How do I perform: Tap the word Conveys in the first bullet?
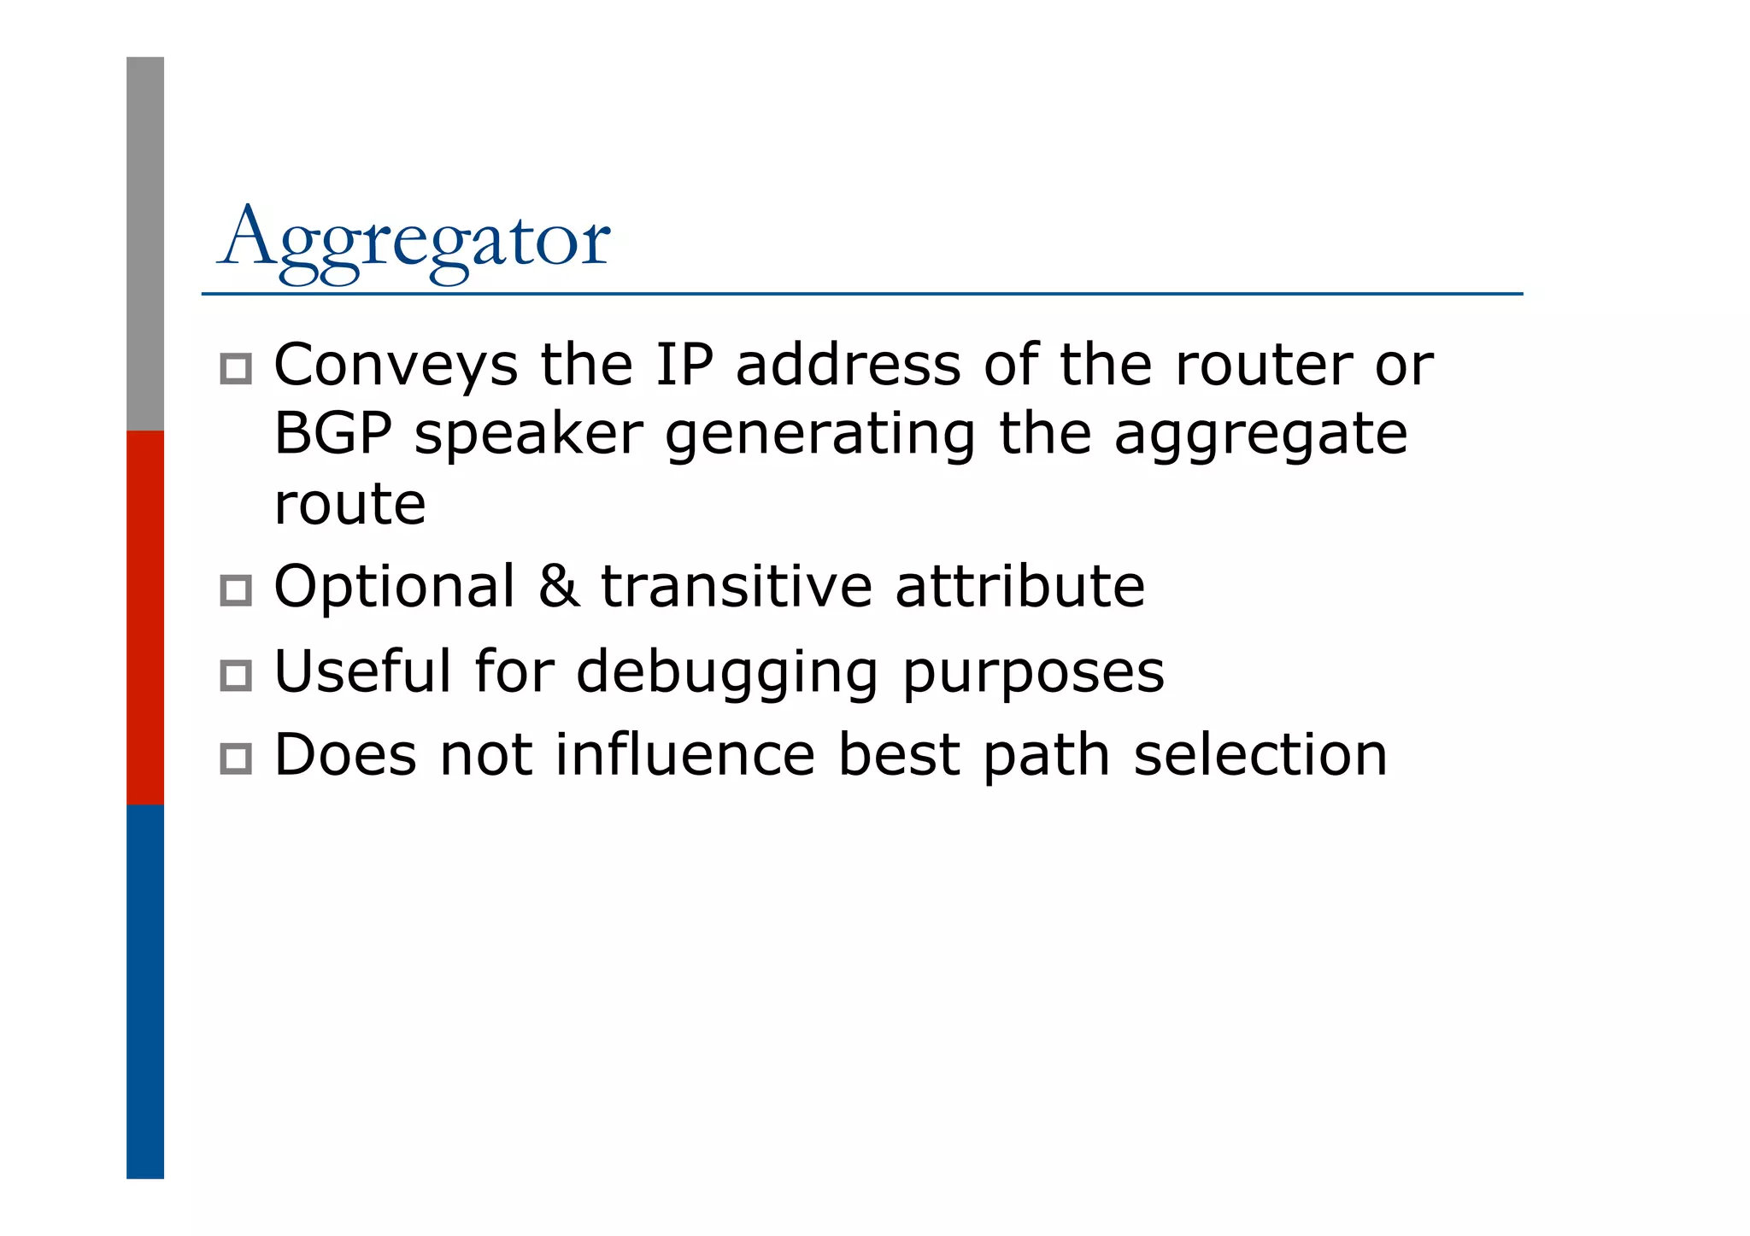tap(396, 366)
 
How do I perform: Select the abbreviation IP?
tap(684, 365)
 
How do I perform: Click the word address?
tap(848, 365)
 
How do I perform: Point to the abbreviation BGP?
tap(333, 434)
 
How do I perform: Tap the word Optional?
tap(395, 588)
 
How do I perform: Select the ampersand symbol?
tap(558, 587)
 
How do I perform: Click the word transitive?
tap(737, 587)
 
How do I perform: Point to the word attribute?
tap(1019, 587)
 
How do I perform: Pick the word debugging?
tap(727, 673)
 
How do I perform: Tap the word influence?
tap(685, 755)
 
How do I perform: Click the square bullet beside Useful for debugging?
tap(236, 676)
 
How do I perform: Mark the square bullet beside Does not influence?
tap(236, 759)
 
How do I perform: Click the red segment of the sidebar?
tap(145, 617)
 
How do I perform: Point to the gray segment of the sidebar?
tap(145, 243)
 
